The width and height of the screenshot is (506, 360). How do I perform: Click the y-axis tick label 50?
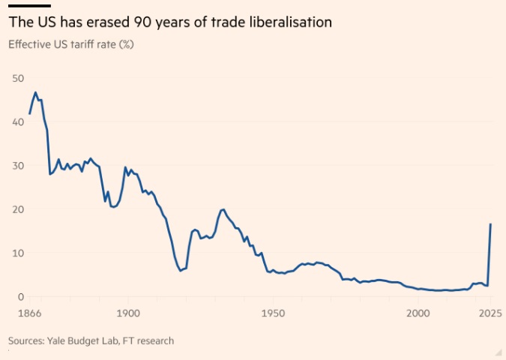[16, 78]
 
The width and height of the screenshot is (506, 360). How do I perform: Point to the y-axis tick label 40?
[16, 121]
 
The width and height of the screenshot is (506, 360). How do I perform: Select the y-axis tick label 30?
[16, 165]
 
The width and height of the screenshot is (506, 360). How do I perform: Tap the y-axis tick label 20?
[16, 209]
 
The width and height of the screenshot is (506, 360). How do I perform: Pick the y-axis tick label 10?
[16, 253]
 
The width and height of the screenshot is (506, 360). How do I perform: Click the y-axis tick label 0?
[19, 296]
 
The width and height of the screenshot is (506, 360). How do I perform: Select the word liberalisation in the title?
[289, 22]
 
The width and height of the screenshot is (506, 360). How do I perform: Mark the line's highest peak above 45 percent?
[35, 92]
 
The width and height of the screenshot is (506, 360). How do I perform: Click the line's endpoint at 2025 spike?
[491, 224]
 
